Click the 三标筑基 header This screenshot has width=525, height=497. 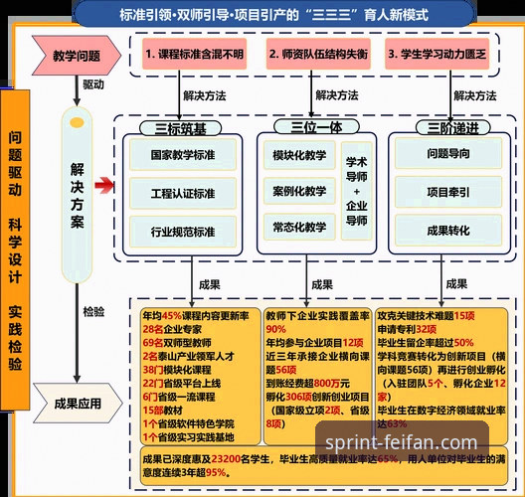181,127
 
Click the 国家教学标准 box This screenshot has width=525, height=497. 182,156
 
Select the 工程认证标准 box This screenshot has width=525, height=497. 182,194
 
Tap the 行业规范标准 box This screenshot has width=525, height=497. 182,232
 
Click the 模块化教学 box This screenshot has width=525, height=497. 298,156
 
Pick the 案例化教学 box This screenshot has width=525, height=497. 298,191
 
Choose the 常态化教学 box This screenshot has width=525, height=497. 298,227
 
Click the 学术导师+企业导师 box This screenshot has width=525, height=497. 357,191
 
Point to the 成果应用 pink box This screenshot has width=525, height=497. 78,404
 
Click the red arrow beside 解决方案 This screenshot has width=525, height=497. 103,185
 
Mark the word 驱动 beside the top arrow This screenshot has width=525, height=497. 92,85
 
